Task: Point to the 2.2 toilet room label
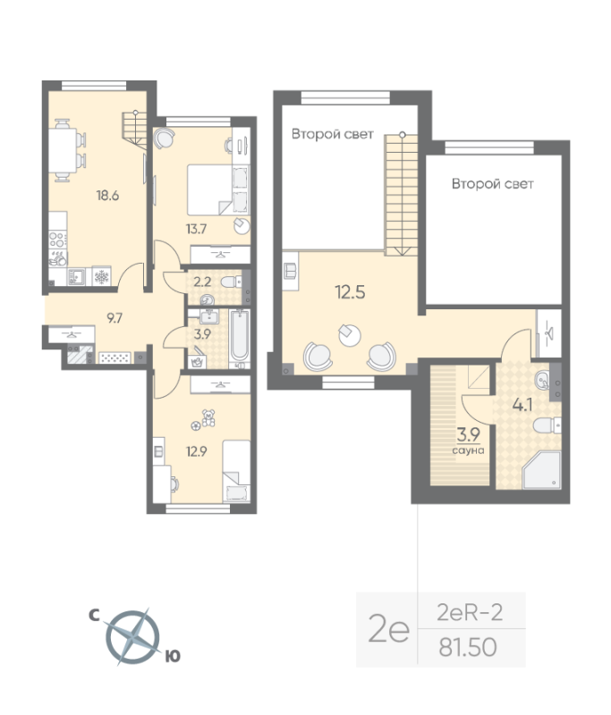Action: tap(203, 282)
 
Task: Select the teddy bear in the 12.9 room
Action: tap(209, 416)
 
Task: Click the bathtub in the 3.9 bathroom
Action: tap(239, 339)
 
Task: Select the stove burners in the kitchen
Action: tap(57, 240)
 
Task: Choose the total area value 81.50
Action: tap(466, 644)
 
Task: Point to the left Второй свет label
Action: tap(332, 134)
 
